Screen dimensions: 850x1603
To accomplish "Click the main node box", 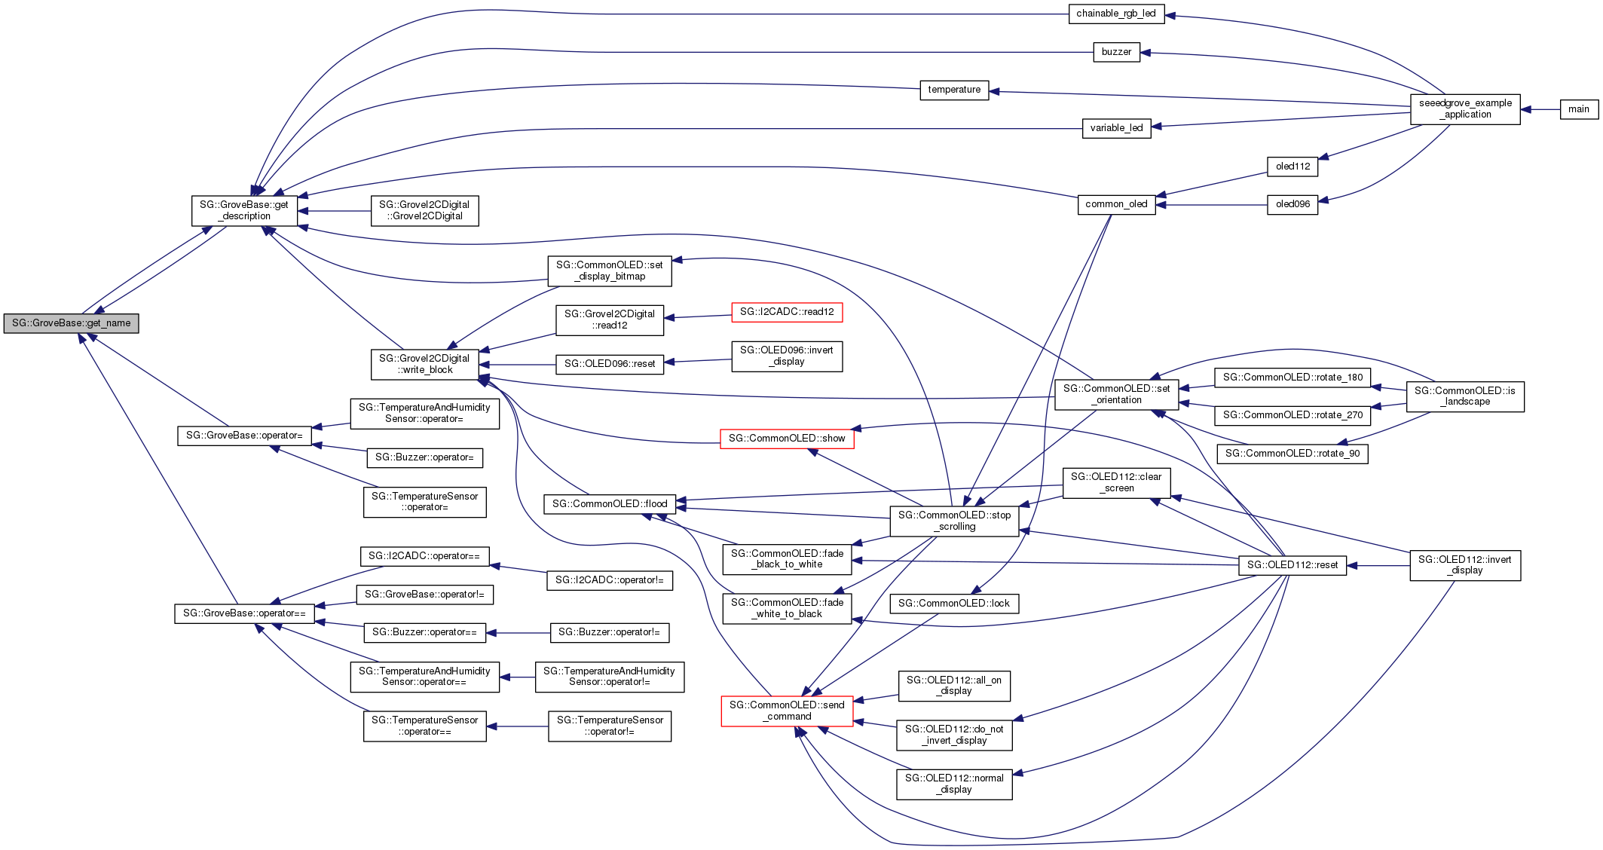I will pos(1578,109).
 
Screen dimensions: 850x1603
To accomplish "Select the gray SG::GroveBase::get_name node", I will pos(71,323).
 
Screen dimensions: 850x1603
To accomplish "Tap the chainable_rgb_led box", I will pos(1116,14).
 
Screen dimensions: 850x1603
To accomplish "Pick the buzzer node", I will pos(1116,52).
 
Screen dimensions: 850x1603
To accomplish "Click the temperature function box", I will pos(954,90).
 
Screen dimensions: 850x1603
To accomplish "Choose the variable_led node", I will pos(1116,128).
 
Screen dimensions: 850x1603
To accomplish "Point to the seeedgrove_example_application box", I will pos(1465,109).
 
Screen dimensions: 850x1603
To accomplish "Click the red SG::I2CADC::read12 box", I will pos(787,312).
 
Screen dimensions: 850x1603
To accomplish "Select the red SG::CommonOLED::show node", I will pos(787,439).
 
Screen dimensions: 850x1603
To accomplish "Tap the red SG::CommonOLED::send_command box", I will pos(787,711).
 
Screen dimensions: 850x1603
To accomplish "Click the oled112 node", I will pos(1292,167).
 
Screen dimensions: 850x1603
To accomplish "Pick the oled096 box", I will pos(1292,204).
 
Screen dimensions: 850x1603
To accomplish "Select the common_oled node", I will pos(1116,204).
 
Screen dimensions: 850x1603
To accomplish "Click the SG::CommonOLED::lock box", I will pos(954,604).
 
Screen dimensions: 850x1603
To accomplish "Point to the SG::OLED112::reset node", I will pos(1292,565).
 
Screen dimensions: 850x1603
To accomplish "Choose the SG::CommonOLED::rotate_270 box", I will pos(1292,415).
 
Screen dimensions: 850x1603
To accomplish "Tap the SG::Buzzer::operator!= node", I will pos(609,632).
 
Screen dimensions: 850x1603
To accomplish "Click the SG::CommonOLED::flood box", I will pos(610,504).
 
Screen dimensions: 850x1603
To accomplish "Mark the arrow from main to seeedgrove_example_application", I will pos(1540,109).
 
